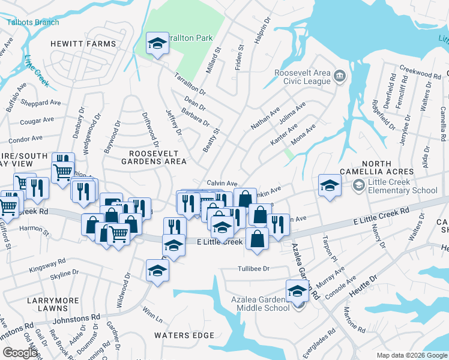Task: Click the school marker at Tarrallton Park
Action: click(157, 44)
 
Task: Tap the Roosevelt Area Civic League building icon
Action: click(339, 76)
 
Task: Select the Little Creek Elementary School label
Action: click(402, 187)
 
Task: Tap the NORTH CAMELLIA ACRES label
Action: click(376, 168)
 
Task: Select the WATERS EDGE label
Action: click(180, 335)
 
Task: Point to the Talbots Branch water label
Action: click(33, 22)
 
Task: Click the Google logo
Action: click(20, 353)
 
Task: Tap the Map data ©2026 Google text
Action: click(411, 355)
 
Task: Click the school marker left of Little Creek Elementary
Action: click(330, 185)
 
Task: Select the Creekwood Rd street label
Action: click(420, 73)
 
